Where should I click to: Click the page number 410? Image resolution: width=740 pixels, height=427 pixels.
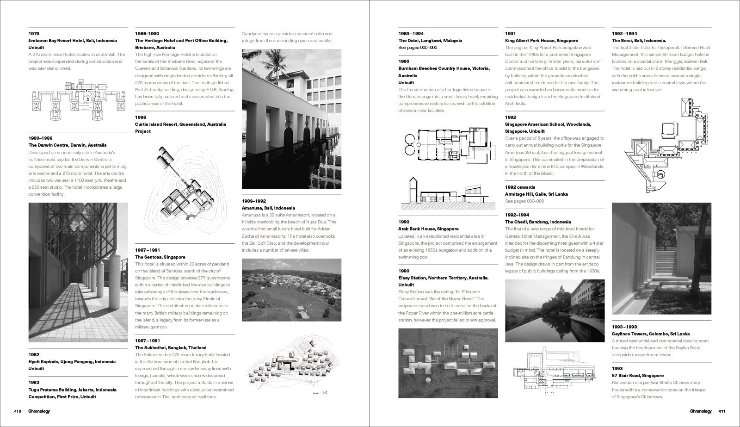[18, 411]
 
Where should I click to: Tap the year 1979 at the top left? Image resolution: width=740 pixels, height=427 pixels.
[34, 34]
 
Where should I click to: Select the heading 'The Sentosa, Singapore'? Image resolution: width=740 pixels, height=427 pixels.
[160, 257]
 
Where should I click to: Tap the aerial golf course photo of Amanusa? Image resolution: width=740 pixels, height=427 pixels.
[291, 290]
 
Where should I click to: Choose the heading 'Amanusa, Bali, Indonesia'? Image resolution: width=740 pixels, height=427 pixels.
[268, 208]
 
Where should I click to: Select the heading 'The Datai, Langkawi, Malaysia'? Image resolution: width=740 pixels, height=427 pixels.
[430, 41]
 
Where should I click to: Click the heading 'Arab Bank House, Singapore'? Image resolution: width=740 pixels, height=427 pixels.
[428, 229]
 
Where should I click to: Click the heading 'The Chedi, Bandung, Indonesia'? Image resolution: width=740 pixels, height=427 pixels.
[538, 222]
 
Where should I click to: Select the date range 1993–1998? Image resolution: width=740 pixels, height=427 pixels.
[624, 327]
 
